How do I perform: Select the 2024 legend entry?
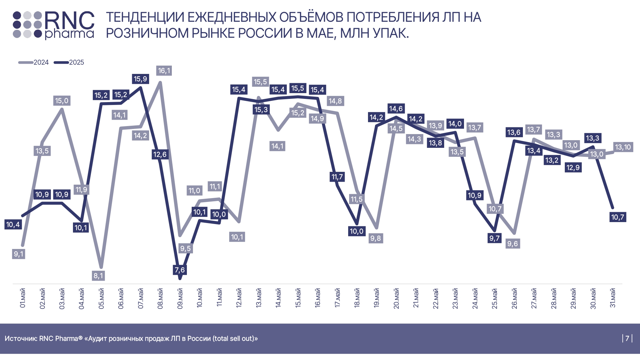click(x=34, y=62)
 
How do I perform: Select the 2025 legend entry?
click(x=69, y=62)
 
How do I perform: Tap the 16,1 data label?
click(x=164, y=71)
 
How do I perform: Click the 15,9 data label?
click(x=140, y=79)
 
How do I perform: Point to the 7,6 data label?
click(x=180, y=270)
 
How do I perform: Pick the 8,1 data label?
click(x=98, y=276)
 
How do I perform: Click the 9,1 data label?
click(x=19, y=254)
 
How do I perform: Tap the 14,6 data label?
click(x=396, y=109)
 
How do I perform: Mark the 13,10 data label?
click(x=623, y=147)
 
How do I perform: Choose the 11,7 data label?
click(x=337, y=177)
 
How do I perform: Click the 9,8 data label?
click(x=376, y=238)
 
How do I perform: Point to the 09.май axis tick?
click(x=180, y=298)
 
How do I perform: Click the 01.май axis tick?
click(x=22, y=298)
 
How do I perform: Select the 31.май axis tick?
click(x=612, y=298)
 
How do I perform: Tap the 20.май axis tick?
click(x=396, y=298)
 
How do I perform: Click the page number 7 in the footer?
click(x=627, y=338)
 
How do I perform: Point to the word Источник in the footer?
click(x=21, y=339)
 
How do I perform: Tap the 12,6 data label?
click(x=160, y=155)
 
